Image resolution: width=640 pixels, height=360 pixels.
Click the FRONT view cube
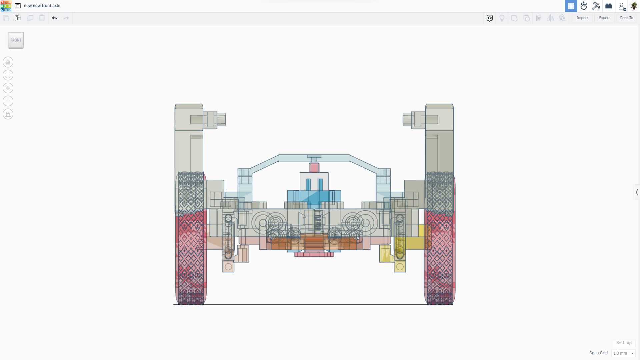click(x=16, y=40)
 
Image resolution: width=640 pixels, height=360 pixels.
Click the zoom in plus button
click(x=8, y=88)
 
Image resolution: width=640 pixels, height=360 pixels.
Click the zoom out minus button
click(x=8, y=101)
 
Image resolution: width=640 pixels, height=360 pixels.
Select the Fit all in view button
click(x=8, y=75)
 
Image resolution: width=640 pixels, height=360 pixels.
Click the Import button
click(x=582, y=18)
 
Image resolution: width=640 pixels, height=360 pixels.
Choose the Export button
click(x=604, y=18)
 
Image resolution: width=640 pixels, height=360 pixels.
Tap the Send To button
click(x=626, y=18)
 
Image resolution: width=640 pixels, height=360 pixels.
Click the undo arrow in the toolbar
click(x=54, y=18)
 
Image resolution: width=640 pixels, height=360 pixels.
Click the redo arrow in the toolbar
click(x=66, y=18)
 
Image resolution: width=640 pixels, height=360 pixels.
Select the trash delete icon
click(x=42, y=18)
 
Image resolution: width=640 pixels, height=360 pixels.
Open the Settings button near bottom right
click(x=624, y=343)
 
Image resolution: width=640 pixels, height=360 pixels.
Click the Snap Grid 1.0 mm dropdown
click(x=623, y=353)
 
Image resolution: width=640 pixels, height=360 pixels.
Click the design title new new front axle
click(x=42, y=6)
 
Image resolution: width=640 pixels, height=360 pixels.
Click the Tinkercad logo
click(x=6, y=6)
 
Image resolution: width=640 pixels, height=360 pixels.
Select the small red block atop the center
click(x=314, y=168)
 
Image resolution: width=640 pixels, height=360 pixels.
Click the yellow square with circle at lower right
click(x=400, y=267)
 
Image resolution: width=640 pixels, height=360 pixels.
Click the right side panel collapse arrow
click(x=637, y=192)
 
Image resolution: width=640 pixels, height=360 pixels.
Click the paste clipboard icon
click(x=18, y=18)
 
